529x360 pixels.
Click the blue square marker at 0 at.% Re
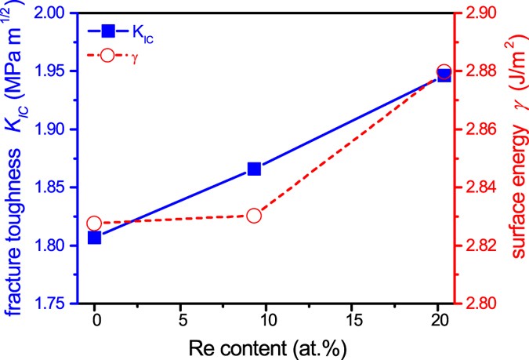coord(95,238)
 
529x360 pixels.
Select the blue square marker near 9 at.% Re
coord(254,169)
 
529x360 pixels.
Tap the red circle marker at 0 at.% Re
coord(95,224)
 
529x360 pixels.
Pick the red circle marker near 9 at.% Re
coord(254,215)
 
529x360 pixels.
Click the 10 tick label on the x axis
coord(266,321)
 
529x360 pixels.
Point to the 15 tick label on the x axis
coord(351,321)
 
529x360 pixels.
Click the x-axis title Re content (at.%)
coord(266,345)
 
